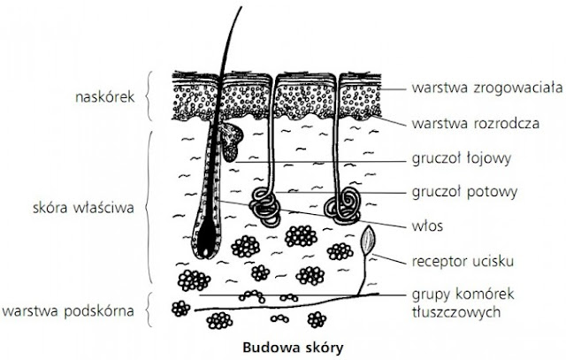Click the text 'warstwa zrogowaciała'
coord(475,88)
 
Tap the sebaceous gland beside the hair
coord(233,140)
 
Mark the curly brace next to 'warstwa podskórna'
coord(146,310)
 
